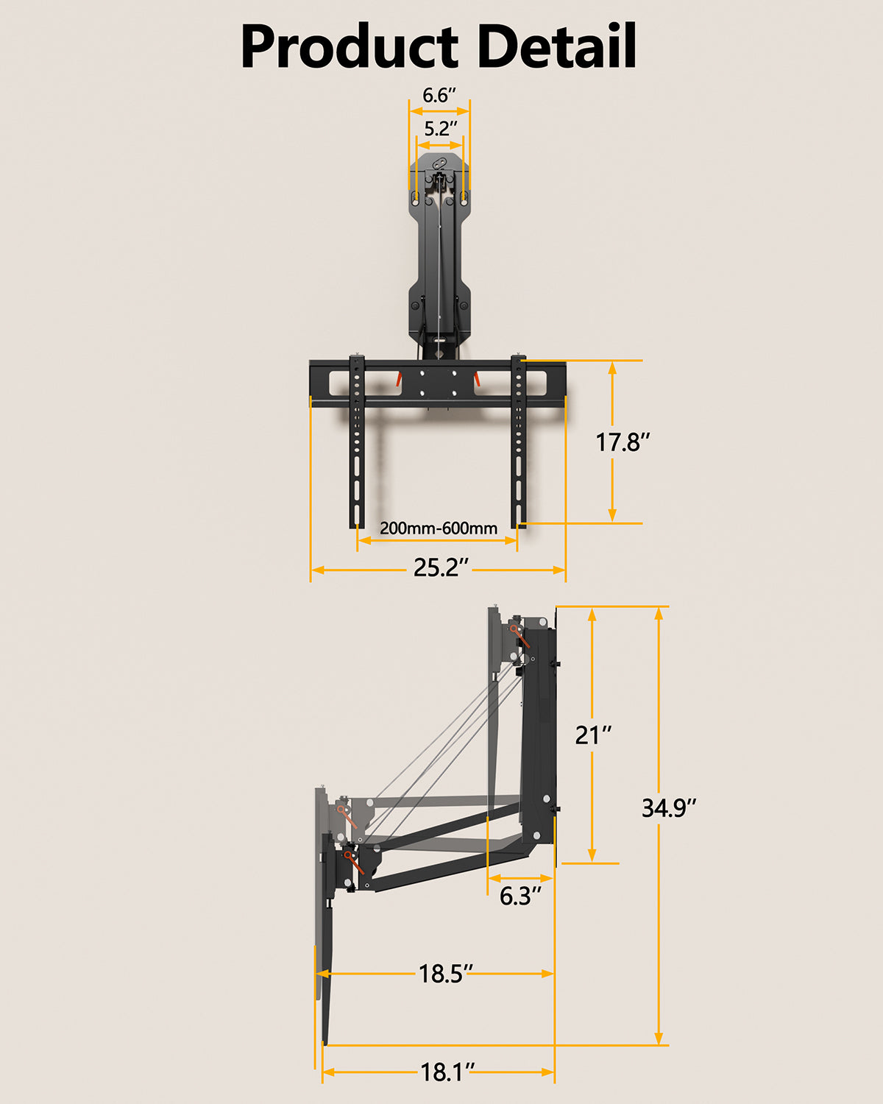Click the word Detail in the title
pos(556,47)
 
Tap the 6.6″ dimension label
pos(439,96)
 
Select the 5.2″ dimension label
pos(439,129)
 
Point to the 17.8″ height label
pos(623,442)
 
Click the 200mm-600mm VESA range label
pos(438,528)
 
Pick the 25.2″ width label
pos(440,568)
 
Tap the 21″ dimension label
pos(593,735)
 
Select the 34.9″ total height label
pos(668,808)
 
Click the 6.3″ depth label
pos(519,896)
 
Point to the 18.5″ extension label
pos(445,974)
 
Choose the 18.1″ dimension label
pos(447,1072)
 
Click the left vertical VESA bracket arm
pos(356,442)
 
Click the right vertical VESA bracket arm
pos(519,442)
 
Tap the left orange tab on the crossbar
pos(398,379)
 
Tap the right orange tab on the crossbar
pos(477,379)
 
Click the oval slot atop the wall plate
pos(439,163)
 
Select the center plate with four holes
pos(439,383)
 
